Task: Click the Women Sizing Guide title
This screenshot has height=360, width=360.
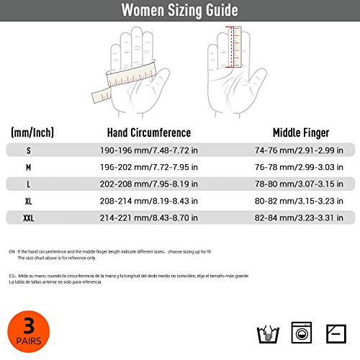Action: pos(179,11)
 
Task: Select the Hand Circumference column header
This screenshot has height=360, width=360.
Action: pos(148,132)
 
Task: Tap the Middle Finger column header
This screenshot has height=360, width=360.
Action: pos(301,132)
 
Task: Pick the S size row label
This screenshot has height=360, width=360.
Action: pos(29,151)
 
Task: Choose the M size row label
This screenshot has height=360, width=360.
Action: pos(29,168)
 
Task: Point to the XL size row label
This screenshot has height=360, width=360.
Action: pos(29,201)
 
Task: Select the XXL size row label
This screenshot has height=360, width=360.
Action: pos(29,217)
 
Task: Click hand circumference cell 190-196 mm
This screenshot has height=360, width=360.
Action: pos(148,151)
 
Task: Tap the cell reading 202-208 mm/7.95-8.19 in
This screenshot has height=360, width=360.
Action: pos(148,184)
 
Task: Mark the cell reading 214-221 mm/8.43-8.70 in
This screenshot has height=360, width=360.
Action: pos(148,217)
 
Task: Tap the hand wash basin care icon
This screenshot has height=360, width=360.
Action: pos(268,333)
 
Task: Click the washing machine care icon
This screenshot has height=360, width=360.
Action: pos(302,333)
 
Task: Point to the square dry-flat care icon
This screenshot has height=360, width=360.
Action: pos(336,333)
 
